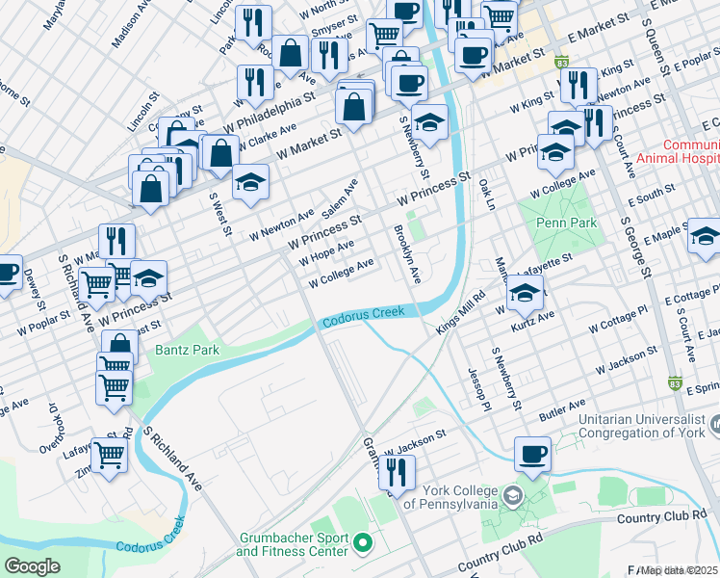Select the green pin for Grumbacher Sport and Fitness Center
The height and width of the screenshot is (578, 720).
point(363,543)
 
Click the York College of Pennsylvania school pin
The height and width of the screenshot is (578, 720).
point(513,495)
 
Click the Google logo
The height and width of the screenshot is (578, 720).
point(33,565)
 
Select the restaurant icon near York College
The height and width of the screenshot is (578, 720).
point(397,473)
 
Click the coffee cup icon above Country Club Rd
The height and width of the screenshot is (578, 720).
point(532,454)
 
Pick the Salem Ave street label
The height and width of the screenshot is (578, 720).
point(340,197)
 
